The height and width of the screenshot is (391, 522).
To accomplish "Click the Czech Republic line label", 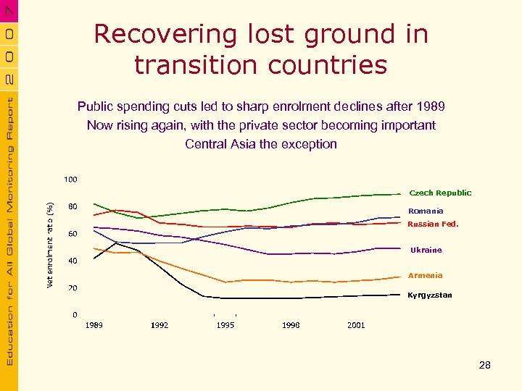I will coord(440,193).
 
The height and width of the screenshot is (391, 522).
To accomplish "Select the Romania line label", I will coord(426,211).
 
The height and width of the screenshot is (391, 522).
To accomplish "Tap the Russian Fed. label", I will coord(433,224).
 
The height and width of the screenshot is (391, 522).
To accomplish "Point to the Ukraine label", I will coord(426,251).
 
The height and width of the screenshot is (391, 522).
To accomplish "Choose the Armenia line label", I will coord(425,276).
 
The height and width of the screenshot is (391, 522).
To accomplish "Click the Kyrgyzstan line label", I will coord(429,295).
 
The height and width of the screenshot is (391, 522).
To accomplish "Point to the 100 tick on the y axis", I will coord(71,179).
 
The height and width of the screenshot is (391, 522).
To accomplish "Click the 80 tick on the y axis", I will coord(73,206).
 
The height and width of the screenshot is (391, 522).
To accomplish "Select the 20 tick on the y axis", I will coord(73,288).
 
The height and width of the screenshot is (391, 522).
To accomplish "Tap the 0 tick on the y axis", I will coord(75,315).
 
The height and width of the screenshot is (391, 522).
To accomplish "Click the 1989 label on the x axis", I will coord(94,326).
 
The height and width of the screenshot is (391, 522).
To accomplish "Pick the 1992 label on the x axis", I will coord(159,326).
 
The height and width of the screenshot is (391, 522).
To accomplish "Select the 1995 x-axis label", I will coord(225,326).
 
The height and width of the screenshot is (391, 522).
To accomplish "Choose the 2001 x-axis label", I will coord(356,326).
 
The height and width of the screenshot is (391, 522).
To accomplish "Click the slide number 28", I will coord(485,366).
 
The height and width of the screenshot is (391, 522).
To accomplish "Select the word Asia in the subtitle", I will coord(243,144).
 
